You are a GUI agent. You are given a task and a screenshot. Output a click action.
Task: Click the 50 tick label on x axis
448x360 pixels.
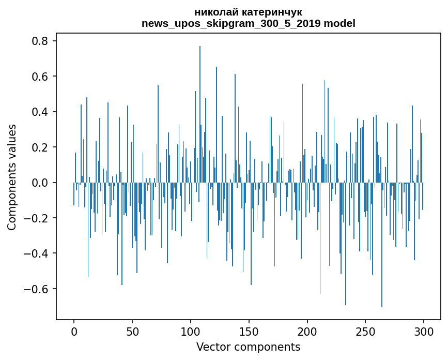pyautogui.click(x=132, y=331)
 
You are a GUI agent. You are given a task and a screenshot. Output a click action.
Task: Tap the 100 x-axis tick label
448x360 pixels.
pyautogui.click(x=191, y=331)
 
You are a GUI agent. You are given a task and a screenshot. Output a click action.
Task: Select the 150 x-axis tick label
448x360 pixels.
pyautogui.click(x=249, y=331)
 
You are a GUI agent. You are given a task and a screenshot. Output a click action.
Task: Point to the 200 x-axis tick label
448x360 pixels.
pyautogui.click(x=307, y=331)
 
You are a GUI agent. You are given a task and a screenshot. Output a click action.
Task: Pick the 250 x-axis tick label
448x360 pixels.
pyautogui.click(x=366, y=331)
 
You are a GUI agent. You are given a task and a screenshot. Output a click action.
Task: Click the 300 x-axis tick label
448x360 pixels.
pyautogui.click(x=424, y=331)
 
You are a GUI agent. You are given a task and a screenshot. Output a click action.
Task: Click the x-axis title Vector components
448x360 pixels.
pyautogui.click(x=248, y=347)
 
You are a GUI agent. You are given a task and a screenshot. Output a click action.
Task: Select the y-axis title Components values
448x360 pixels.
pyautogui.click(x=12, y=177)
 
